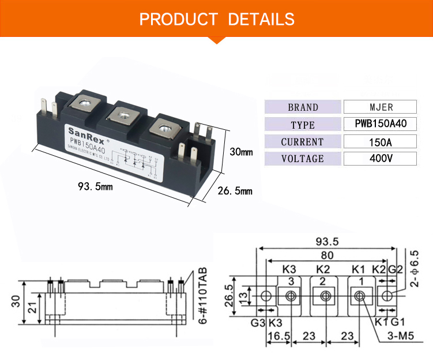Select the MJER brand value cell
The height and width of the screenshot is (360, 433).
pyautogui.click(x=380, y=107)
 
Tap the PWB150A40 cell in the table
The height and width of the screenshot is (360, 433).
pyautogui.click(x=380, y=124)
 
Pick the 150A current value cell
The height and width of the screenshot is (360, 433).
pyautogui.click(x=380, y=141)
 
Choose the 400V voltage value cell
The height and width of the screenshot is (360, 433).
pyautogui.click(x=380, y=159)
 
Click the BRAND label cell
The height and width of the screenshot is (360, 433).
pyautogui.click(x=303, y=107)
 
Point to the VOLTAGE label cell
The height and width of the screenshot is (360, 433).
pyautogui.click(x=303, y=159)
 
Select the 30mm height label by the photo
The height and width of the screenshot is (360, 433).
pyautogui.click(x=241, y=152)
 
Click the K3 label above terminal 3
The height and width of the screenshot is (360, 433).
pyautogui.click(x=289, y=269)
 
